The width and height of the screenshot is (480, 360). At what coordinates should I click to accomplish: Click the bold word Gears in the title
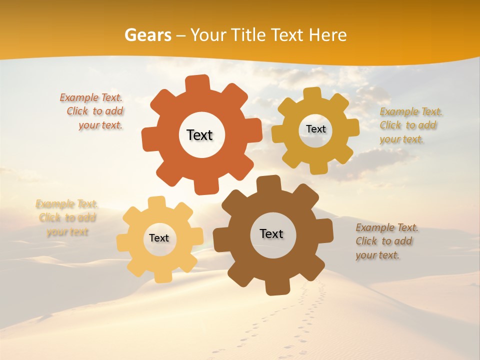pyautogui.click(x=147, y=35)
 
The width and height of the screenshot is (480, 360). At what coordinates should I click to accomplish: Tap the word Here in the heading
pyautogui.click(x=327, y=35)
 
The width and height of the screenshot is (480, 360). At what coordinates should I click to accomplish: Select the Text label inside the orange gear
pyautogui.click(x=200, y=135)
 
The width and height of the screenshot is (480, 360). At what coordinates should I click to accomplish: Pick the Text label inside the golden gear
pyautogui.click(x=316, y=129)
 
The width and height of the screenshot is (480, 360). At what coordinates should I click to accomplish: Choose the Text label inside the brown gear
pyautogui.click(x=271, y=233)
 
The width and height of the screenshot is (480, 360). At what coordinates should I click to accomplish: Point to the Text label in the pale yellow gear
pyautogui.click(x=159, y=238)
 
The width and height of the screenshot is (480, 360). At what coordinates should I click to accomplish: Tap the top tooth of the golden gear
pyautogui.click(x=312, y=94)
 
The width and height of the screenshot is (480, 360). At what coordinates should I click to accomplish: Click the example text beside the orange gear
pyautogui.click(x=92, y=111)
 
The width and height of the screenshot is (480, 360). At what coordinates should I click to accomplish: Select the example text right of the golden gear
pyautogui.click(x=410, y=125)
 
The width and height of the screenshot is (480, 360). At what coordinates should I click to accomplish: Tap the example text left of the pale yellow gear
pyautogui.click(x=67, y=217)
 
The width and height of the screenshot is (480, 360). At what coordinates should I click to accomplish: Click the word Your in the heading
pyautogui.click(x=205, y=35)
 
